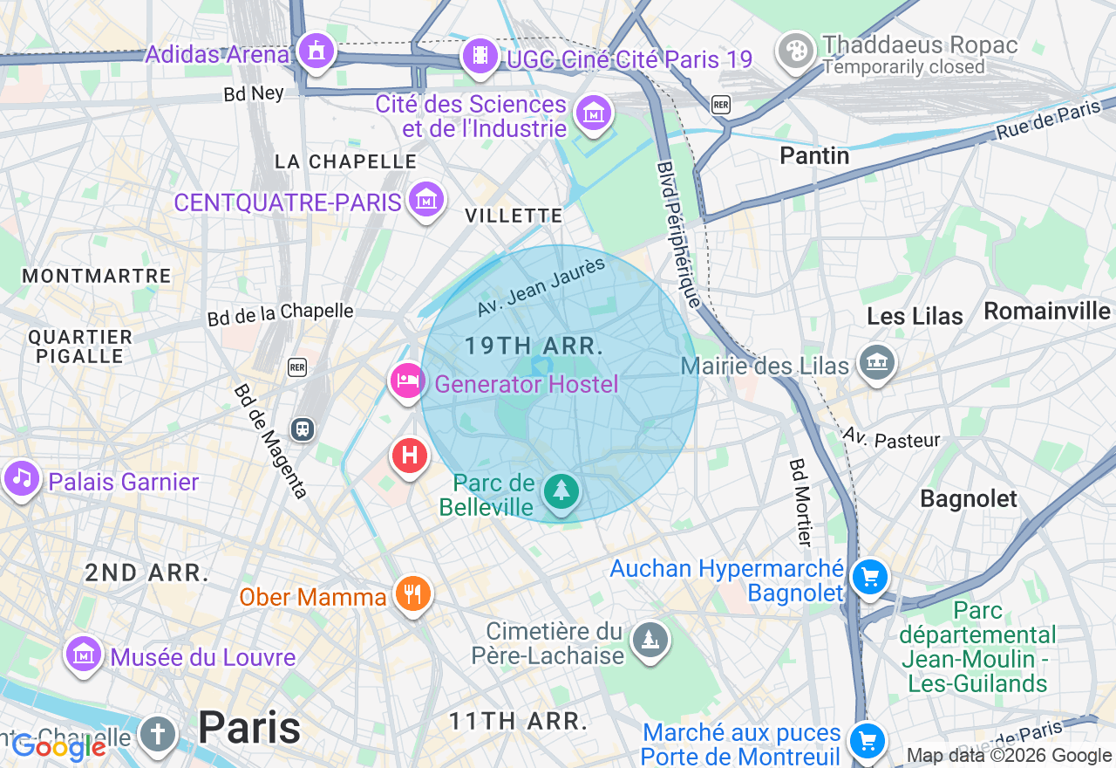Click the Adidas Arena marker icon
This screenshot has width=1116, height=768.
[315, 51]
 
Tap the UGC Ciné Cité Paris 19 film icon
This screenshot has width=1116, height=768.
[480, 56]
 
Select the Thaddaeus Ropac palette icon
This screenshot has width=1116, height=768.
[795, 51]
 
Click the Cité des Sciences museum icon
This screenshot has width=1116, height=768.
[594, 113]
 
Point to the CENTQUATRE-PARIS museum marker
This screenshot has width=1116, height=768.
[426, 200]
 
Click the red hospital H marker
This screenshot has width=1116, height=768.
[409, 456]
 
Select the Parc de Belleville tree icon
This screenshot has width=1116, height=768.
[561, 492]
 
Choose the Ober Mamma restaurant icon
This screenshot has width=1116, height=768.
[412, 594]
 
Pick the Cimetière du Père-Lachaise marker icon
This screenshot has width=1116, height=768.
[650, 641]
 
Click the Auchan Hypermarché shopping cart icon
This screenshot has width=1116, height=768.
[869, 577]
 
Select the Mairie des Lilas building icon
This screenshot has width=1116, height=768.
[876, 362]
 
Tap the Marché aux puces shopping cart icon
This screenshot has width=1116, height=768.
[867, 741]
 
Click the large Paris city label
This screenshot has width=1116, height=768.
[249, 727]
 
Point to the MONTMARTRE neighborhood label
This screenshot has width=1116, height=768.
[97, 277]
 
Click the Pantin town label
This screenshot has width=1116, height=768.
[814, 155]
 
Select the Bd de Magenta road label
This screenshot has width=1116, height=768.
[270, 441]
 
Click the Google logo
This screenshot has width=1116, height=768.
[59, 747]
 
